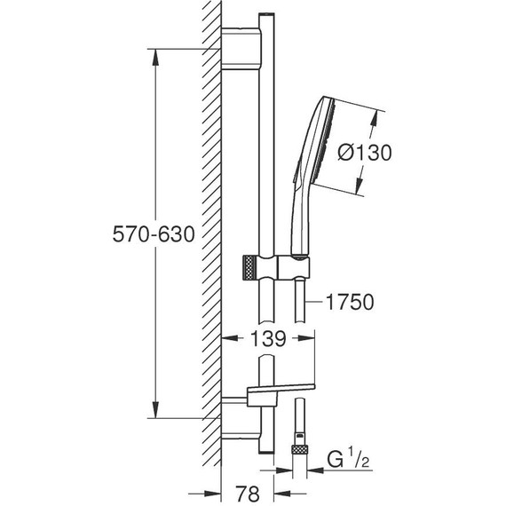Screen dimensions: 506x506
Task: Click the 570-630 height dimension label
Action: click(x=154, y=234)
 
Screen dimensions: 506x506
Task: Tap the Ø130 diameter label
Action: click(x=365, y=153)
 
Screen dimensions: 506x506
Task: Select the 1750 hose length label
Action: click(x=350, y=302)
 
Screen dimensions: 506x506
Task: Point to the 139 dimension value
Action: click(x=268, y=338)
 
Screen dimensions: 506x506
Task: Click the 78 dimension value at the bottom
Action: click(x=248, y=494)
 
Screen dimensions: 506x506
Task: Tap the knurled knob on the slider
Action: click(x=249, y=267)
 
